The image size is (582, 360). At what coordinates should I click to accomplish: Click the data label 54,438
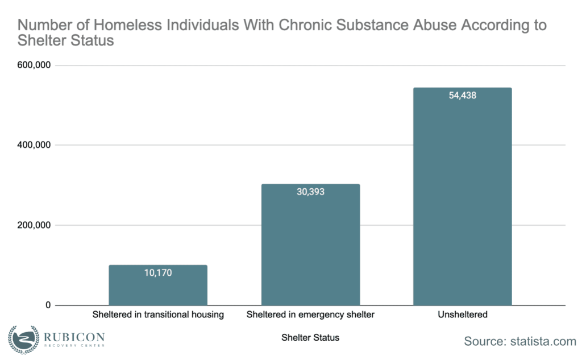click(462, 96)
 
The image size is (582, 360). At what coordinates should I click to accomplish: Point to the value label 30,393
click(310, 192)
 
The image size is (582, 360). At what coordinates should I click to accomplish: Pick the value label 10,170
click(158, 272)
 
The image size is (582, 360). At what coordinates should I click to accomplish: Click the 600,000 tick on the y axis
click(35, 65)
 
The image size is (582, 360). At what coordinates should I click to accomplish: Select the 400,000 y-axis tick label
click(35, 145)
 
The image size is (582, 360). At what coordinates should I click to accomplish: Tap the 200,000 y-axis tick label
click(35, 225)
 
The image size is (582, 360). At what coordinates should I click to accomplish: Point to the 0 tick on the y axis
click(48, 305)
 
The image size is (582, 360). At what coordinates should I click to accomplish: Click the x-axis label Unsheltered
click(463, 315)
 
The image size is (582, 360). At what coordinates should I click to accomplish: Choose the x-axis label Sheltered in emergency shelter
click(310, 315)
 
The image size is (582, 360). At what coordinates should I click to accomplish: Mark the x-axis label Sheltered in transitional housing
click(158, 315)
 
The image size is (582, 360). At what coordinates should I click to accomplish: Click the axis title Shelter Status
click(310, 338)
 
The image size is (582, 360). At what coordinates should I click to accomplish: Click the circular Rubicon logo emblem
click(23, 339)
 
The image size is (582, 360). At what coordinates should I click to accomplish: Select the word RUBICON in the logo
click(74, 336)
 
